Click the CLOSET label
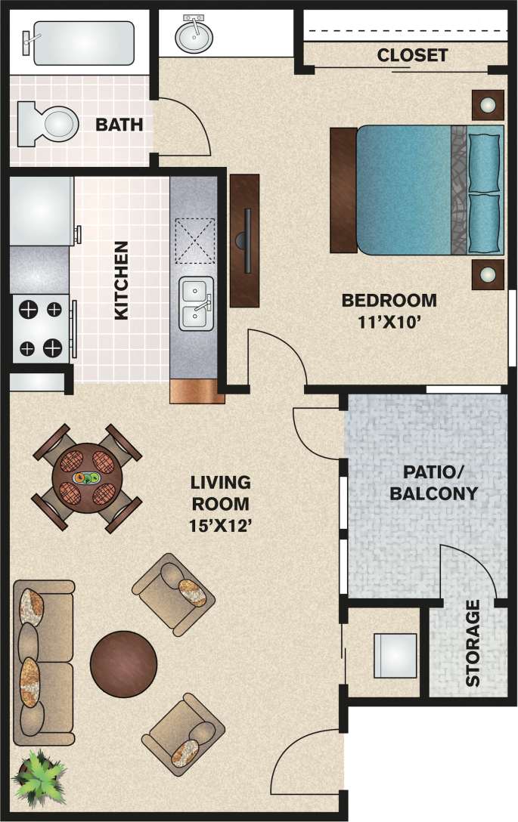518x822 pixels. [x=412, y=55]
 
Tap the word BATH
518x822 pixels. [x=119, y=125]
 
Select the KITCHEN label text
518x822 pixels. [x=121, y=280]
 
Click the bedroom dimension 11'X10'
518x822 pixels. [x=389, y=321]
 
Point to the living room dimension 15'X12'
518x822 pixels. [x=220, y=525]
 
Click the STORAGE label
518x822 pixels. [x=473, y=643]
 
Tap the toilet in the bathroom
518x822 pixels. [x=50, y=122]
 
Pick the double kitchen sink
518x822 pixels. [x=196, y=304]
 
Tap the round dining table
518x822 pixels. [x=88, y=478]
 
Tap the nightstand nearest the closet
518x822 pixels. [x=488, y=104]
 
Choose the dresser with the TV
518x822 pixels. [x=244, y=240]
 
